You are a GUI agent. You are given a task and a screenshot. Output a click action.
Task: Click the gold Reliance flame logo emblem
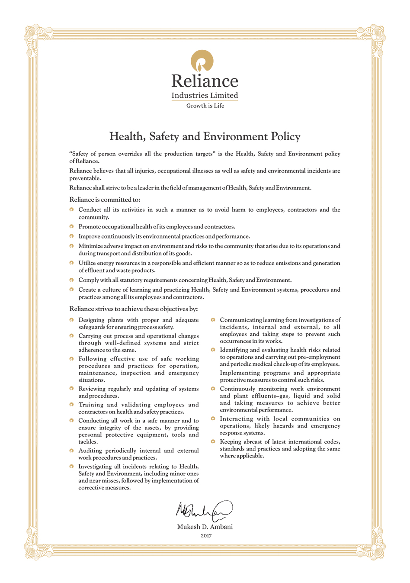click(202, 61)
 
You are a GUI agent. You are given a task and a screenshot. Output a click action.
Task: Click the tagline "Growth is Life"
click(205, 106)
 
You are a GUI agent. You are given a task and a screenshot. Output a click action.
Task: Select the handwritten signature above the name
click(204, 510)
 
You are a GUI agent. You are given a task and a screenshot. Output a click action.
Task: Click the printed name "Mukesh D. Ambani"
click(205, 527)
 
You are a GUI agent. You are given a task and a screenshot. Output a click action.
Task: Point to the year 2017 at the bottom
click(206, 536)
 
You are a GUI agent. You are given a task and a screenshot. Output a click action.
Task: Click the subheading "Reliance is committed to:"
click(105, 200)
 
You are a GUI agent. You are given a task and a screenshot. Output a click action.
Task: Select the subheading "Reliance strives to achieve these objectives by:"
click(133, 309)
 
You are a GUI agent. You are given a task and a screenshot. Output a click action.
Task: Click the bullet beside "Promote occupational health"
click(71, 226)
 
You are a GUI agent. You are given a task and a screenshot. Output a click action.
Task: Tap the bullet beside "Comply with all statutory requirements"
click(71, 280)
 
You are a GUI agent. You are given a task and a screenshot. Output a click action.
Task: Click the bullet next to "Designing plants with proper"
click(71, 320)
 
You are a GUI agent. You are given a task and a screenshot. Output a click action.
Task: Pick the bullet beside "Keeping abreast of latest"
click(213, 441)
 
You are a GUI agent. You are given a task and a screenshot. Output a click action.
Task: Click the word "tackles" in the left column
click(88, 442)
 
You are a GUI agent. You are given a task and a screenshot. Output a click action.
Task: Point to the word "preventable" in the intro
click(85, 178)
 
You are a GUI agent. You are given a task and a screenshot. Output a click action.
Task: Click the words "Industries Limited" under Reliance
click(205, 95)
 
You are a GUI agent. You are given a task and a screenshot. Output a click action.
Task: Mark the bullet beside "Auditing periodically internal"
click(71, 451)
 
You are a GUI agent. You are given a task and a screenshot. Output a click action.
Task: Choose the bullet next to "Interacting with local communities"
click(213, 419)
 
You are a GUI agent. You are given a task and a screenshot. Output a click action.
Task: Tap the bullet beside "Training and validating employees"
click(71, 405)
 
